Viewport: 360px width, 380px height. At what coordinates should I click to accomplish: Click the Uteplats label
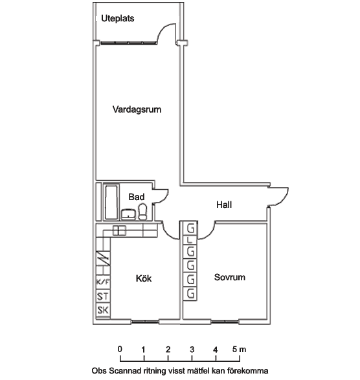click(x=118, y=18)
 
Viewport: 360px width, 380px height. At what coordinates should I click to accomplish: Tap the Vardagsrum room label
click(x=137, y=109)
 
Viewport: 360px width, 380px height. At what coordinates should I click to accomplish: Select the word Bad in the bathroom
click(x=137, y=197)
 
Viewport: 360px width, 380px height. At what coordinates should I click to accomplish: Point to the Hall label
click(x=224, y=205)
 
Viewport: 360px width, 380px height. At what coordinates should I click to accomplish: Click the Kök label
click(x=144, y=278)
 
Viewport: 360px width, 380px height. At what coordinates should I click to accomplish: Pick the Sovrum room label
click(x=230, y=277)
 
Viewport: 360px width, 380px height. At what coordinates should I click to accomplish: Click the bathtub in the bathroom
click(x=111, y=202)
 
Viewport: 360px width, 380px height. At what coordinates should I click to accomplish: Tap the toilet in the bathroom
click(x=142, y=212)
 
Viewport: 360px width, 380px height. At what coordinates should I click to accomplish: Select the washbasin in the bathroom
click(x=128, y=214)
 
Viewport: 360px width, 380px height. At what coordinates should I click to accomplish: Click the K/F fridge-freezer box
click(x=103, y=282)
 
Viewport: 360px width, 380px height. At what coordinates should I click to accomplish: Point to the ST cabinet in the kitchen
click(x=103, y=296)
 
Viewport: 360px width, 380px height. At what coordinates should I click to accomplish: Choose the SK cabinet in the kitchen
click(x=103, y=310)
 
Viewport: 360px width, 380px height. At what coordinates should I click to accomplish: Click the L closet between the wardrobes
click(x=190, y=240)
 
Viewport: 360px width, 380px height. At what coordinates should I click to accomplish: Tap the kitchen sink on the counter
click(x=119, y=230)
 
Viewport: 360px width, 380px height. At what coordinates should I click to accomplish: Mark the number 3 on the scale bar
click(x=192, y=350)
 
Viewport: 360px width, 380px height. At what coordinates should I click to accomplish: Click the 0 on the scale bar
click(x=120, y=349)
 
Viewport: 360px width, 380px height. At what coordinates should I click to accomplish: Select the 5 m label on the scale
click(x=239, y=350)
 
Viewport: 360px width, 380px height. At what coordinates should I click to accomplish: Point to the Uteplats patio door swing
click(x=166, y=34)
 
